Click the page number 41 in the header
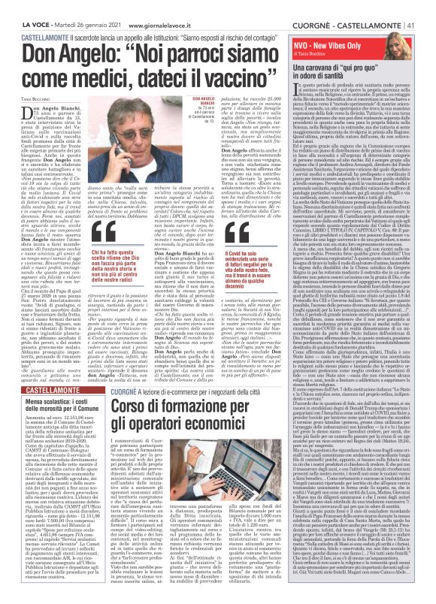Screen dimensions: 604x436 (427, 6)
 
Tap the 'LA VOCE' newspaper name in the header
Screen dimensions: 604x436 (17, 6)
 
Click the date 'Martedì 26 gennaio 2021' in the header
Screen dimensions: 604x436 (71, 6)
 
